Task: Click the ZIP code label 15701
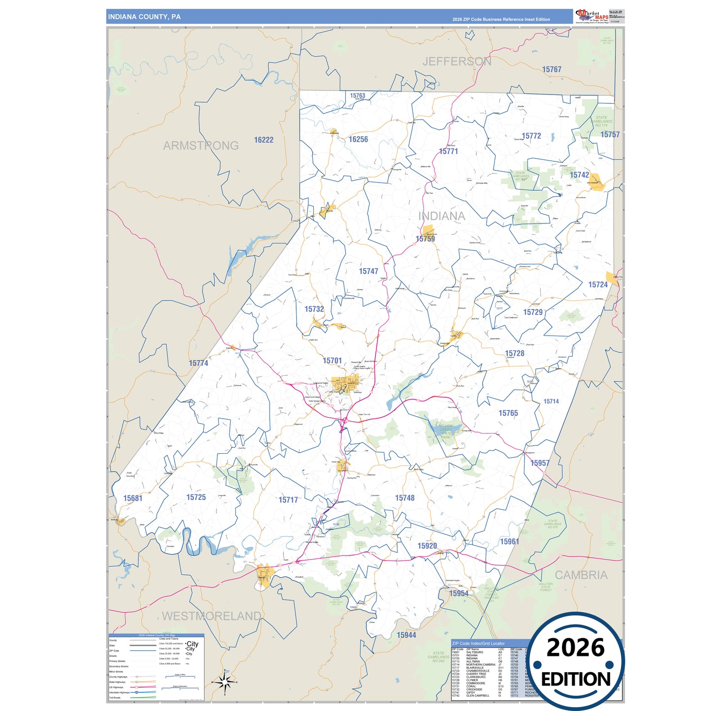coord(332,361)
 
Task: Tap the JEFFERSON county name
coord(457,62)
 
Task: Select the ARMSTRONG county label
coord(201,146)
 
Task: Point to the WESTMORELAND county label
coord(212,616)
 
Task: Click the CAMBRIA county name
coord(581,575)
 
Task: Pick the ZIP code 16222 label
coord(264,140)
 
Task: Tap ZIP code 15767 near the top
coord(552,70)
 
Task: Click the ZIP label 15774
coord(198,363)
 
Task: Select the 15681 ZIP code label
coord(133,498)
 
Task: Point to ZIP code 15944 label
coord(406,635)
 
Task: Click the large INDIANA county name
coord(441,216)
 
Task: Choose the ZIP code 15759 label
coord(425,239)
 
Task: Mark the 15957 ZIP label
coord(540,463)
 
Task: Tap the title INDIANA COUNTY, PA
coord(144,17)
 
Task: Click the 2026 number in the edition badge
coord(575,648)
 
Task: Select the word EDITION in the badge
coord(576,679)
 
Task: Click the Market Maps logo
coord(592,16)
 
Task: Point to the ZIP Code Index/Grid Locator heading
coord(478,643)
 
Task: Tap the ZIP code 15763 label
coord(358,95)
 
